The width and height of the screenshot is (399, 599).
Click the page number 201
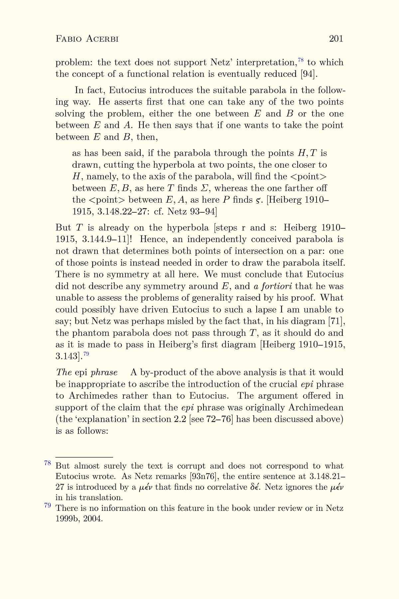(336, 39)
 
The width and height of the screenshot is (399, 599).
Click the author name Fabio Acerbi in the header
(87, 39)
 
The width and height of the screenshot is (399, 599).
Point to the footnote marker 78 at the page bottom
(47, 463)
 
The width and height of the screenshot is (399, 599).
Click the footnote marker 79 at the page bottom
(47, 505)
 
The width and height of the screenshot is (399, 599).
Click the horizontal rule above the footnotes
(84, 458)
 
